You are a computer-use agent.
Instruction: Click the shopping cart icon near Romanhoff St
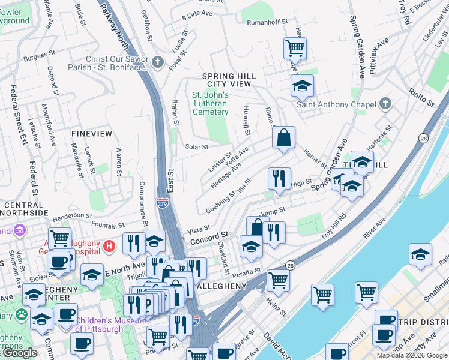click(295, 47)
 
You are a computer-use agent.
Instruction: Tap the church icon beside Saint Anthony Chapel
click(385, 104)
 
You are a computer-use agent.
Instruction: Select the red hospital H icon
click(109, 245)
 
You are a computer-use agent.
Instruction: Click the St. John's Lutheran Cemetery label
click(210, 103)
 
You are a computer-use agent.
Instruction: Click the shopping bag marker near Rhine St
click(283, 137)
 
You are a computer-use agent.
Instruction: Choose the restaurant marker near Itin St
click(279, 178)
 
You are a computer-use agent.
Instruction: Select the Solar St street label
click(196, 146)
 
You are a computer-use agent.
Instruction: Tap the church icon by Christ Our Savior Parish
click(157, 62)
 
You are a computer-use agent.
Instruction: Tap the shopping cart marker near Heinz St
click(279, 279)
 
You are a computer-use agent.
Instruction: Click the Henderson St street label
click(75, 216)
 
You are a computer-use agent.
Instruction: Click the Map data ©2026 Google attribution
click(412, 355)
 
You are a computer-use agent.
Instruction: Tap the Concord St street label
click(209, 238)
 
